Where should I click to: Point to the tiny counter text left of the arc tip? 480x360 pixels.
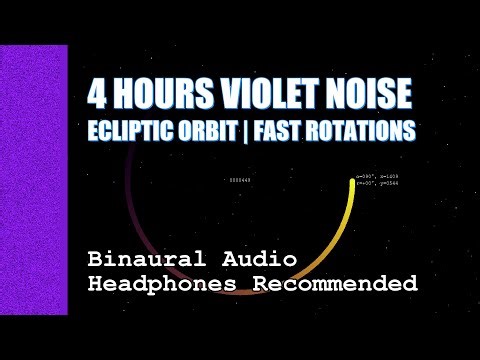(x=240, y=180)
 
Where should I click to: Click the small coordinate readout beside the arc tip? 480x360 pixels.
(x=378, y=181)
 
